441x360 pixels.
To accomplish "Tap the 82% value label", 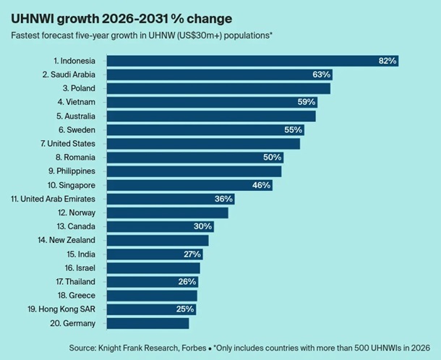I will click(388, 61).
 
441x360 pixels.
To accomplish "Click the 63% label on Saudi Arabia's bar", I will click(322, 74).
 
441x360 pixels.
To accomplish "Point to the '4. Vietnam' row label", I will click(77, 102).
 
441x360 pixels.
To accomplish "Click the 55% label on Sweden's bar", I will click(294, 129).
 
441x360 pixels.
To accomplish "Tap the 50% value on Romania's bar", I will click(273, 157).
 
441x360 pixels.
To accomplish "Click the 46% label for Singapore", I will click(261, 185).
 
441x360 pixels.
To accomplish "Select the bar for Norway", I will click(167, 213).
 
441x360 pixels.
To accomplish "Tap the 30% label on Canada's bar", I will click(203, 226).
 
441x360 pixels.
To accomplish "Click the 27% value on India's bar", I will click(192, 254).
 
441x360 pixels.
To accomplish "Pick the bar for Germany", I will click(147, 323).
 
